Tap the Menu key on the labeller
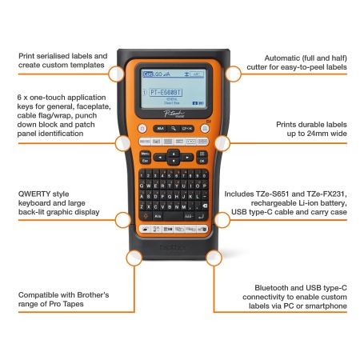146,152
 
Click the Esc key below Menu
146,160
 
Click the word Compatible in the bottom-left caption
42,295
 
